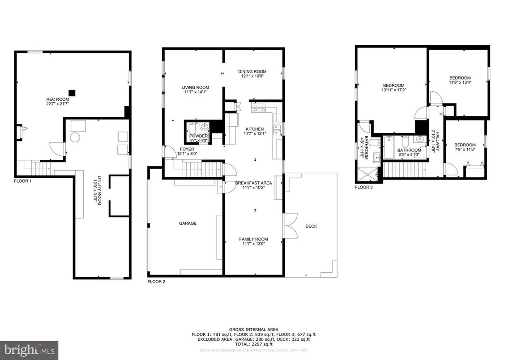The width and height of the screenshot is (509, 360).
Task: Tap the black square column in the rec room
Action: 73,93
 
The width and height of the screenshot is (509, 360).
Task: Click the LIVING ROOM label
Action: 195,87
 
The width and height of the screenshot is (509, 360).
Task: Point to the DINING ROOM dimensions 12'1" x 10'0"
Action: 253,76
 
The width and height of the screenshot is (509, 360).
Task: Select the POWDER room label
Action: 198,136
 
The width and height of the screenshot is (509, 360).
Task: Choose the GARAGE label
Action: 188,223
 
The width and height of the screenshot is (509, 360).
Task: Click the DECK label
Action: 311,226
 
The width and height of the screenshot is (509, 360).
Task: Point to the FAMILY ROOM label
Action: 253,239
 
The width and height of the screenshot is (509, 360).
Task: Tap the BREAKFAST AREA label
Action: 253,183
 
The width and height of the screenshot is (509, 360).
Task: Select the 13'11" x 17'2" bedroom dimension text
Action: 394,90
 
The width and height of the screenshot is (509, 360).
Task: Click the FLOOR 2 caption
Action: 156,282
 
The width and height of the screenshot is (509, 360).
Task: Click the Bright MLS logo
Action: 29,349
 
